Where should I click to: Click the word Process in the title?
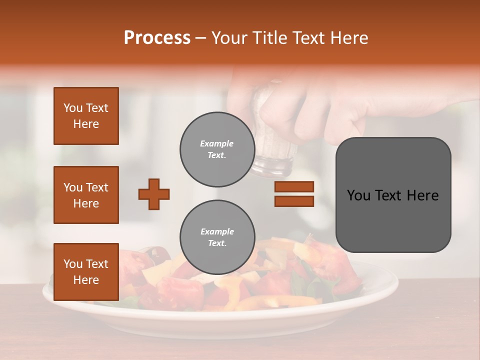coord(157,38)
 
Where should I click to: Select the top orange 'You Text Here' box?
coord(86,116)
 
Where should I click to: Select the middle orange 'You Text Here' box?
coord(86,195)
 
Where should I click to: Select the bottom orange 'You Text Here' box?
coord(86,272)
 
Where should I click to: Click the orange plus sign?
coord(154,194)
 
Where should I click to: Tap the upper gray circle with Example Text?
coord(217,149)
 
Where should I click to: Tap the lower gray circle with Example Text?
coord(217,237)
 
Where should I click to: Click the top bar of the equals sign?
coord(294,186)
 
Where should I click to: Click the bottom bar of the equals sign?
coord(294,201)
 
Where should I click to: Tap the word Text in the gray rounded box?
coord(393,195)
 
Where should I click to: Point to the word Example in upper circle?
coord(217,143)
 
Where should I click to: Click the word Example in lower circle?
coord(217,231)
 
